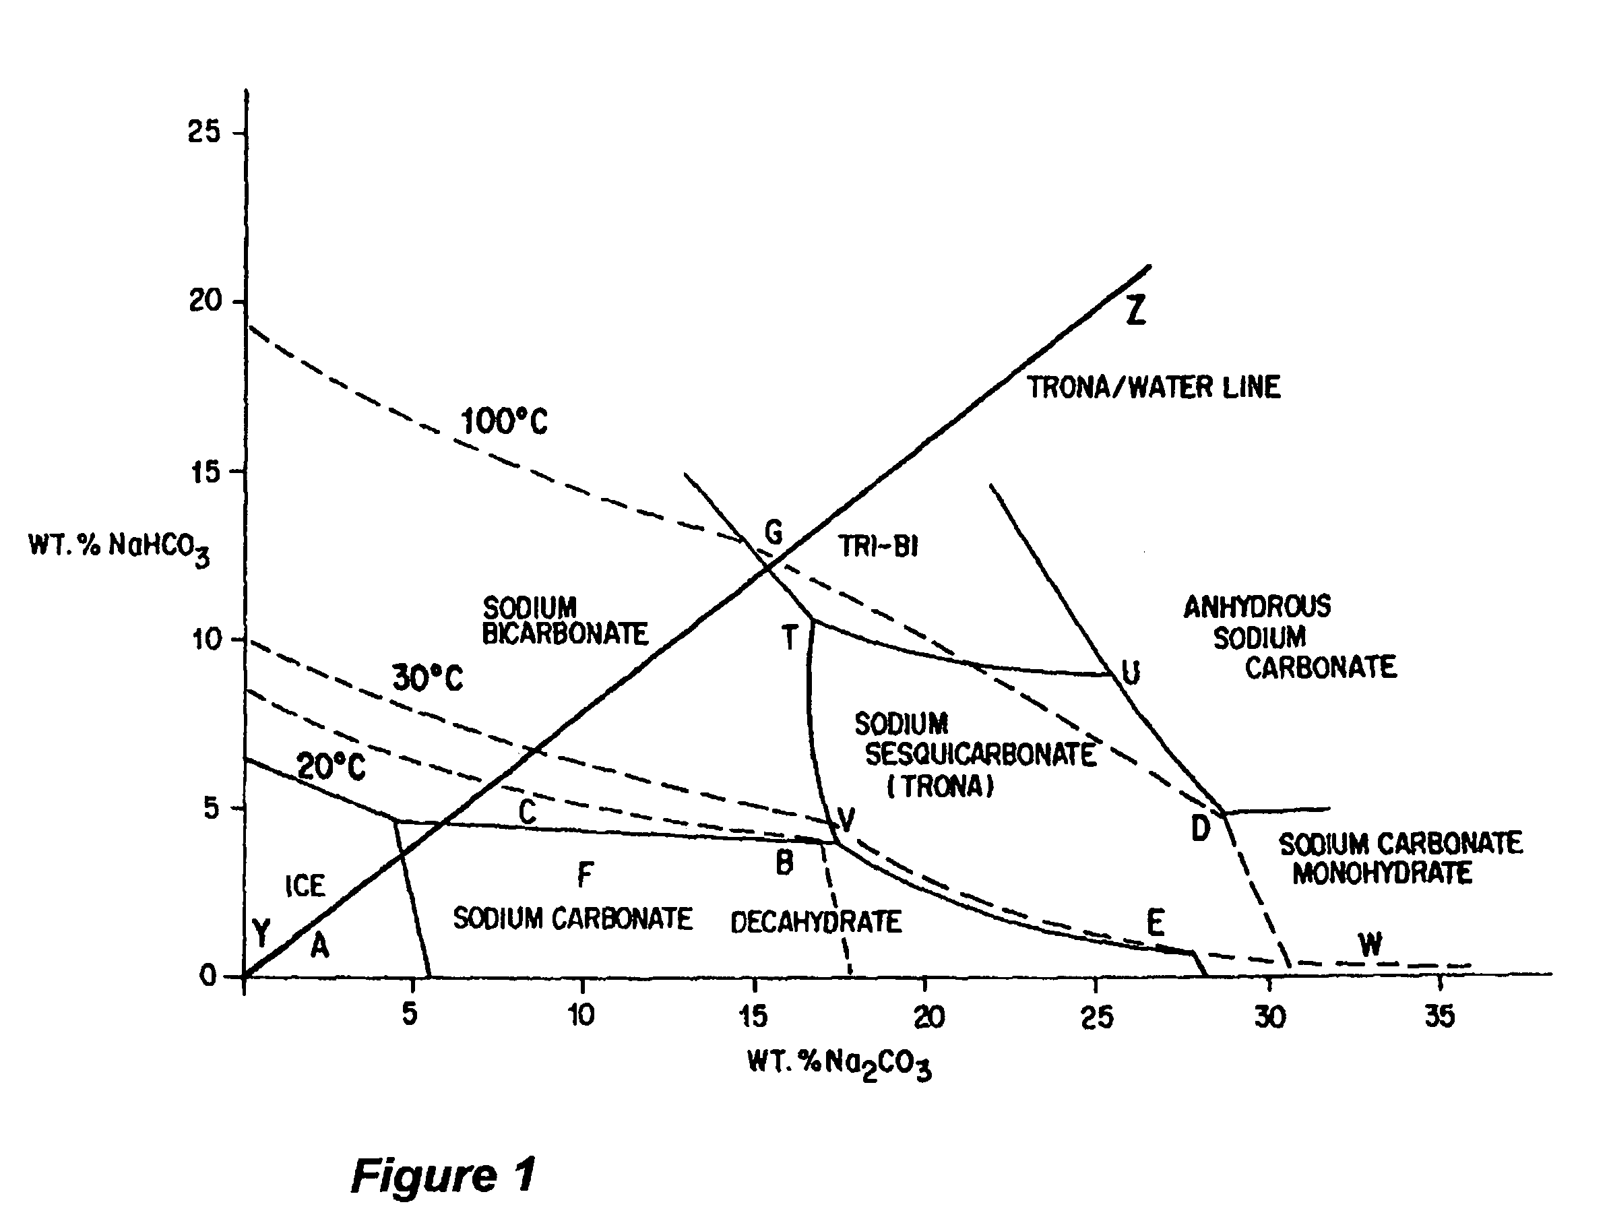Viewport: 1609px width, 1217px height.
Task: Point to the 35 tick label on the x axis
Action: click(x=1439, y=1016)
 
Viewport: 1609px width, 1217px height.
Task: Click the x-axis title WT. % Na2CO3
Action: click(x=839, y=1064)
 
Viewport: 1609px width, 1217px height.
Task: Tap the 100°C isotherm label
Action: click(x=504, y=421)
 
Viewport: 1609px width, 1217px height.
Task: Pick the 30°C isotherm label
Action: click(x=427, y=678)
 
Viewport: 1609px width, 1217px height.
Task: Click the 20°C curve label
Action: click(x=331, y=767)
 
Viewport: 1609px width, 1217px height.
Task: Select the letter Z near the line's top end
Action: click(x=1135, y=310)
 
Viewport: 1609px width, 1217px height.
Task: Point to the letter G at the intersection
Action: click(x=774, y=532)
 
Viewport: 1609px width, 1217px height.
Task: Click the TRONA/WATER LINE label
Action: click(x=1154, y=387)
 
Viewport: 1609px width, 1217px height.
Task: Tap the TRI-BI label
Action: click(x=879, y=546)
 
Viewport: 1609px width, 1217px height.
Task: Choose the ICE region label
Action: click(x=305, y=886)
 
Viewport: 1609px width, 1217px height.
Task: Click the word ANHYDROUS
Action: click(x=1257, y=606)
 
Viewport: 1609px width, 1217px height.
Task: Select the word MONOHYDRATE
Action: click(x=1382, y=873)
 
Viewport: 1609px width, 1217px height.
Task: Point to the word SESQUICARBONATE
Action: click(x=980, y=755)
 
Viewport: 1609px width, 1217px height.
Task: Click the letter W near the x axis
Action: click(x=1370, y=944)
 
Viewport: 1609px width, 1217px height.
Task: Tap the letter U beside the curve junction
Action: click(x=1131, y=672)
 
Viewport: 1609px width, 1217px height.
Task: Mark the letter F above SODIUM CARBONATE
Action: click(x=586, y=873)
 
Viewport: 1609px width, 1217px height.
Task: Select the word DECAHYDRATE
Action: click(x=816, y=923)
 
